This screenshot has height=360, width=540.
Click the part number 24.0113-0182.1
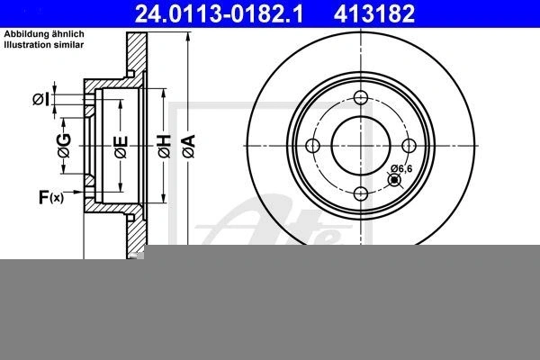tap(219, 13)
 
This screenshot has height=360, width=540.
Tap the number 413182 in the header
tap(374, 13)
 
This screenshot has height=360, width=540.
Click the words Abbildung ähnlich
tap(44, 34)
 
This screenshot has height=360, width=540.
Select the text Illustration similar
tap(44, 44)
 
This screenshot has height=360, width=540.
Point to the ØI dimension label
tap(41, 100)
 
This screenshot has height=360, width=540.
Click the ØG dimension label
tap(65, 146)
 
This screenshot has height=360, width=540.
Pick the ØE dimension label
tap(121, 147)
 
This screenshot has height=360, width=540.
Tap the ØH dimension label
tap(165, 147)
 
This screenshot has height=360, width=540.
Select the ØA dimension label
tap(189, 147)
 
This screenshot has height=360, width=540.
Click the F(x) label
tap(51, 197)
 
